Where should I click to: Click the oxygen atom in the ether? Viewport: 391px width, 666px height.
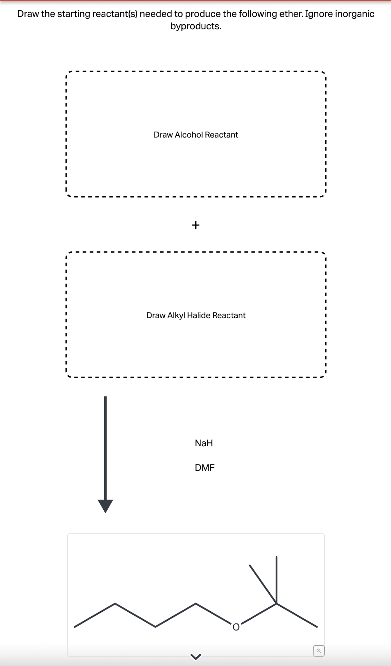(236, 627)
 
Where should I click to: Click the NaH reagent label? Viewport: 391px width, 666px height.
(203, 443)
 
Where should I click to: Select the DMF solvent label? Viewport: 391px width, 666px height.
(204, 468)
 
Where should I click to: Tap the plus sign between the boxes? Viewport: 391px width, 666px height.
(195, 225)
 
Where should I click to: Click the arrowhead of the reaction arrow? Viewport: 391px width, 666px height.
(105, 506)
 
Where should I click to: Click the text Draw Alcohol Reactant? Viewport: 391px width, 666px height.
(195, 135)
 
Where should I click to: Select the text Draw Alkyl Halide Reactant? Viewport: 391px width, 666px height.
(195, 315)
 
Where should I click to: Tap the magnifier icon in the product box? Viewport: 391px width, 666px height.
(319, 651)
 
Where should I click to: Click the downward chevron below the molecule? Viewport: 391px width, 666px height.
(195, 656)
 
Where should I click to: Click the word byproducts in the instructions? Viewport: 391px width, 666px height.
(195, 26)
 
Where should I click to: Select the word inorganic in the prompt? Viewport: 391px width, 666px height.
(354, 14)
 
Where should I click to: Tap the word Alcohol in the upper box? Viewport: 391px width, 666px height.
(189, 135)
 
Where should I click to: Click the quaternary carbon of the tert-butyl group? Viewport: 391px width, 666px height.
(277, 603)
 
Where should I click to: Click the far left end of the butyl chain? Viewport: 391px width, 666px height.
(75, 627)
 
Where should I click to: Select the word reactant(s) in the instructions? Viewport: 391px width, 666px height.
(115, 14)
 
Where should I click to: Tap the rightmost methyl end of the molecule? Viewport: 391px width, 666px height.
(317, 627)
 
